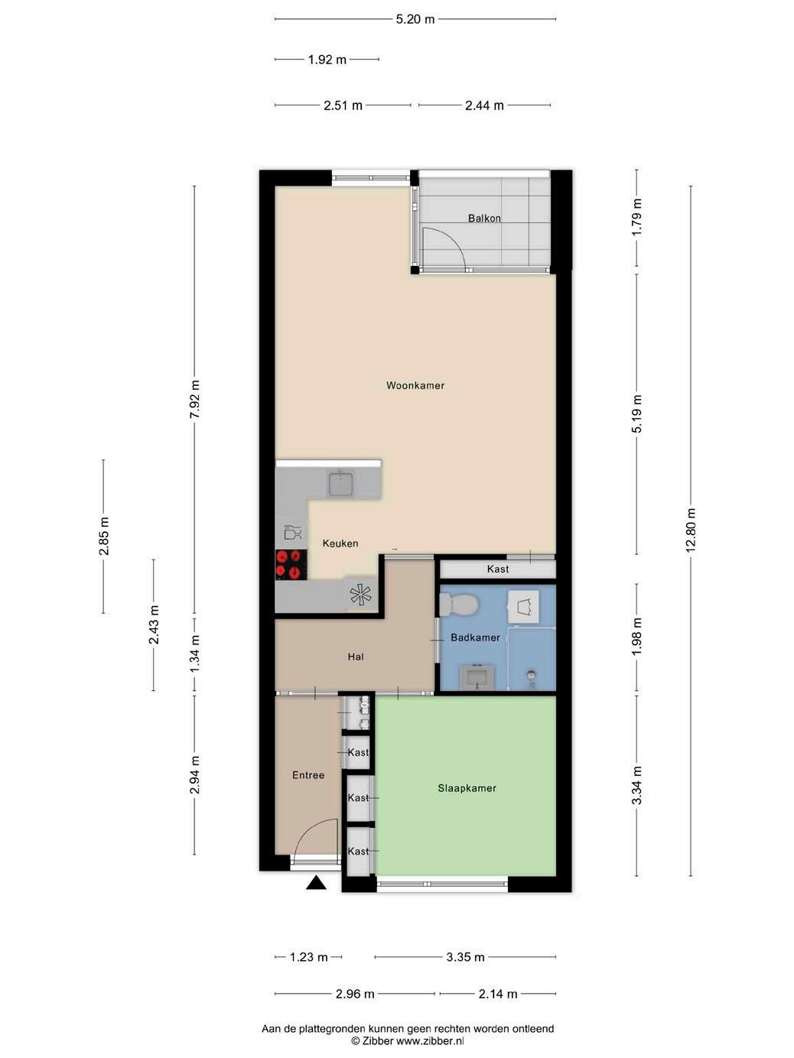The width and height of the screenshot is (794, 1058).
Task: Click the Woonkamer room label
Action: pyautogui.click(x=415, y=385)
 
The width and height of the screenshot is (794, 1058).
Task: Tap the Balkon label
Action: pyautogui.click(x=484, y=219)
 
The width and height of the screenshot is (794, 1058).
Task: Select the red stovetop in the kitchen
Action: pyautogui.click(x=291, y=564)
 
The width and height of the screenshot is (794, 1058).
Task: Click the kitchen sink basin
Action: pyautogui.click(x=341, y=484)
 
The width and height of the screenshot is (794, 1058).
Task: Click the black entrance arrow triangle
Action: pyautogui.click(x=316, y=883)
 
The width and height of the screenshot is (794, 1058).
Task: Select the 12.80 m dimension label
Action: pyautogui.click(x=691, y=531)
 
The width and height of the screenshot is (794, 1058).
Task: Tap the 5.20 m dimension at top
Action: pyautogui.click(x=415, y=19)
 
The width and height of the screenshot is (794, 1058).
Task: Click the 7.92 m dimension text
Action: pyautogui.click(x=195, y=400)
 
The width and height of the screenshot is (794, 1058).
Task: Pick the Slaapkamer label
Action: pyautogui.click(x=467, y=788)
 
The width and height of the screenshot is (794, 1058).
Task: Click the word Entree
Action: pyautogui.click(x=308, y=775)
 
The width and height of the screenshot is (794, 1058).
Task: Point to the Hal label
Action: pyautogui.click(x=356, y=657)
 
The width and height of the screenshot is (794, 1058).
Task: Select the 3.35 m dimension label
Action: pyautogui.click(x=465, y=957)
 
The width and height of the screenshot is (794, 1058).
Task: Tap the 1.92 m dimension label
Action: pyautogui.click(x=327, y=60)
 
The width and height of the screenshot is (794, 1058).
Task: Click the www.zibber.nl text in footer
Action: pyautogui.click(x=430, y=1041)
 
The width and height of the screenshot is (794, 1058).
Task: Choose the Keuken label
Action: pyautogui.click(x=340, y=544)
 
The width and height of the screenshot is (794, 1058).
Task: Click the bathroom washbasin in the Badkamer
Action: pyautogui.click(x=477, y=678)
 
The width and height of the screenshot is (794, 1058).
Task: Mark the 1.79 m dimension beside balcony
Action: pyautogui.click(x=637, y=217)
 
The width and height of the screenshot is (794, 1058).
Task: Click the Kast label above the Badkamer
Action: pyautogui.click(x=498, y=569)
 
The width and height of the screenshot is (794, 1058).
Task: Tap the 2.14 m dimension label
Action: pyautogui.click(x=497, y=994)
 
